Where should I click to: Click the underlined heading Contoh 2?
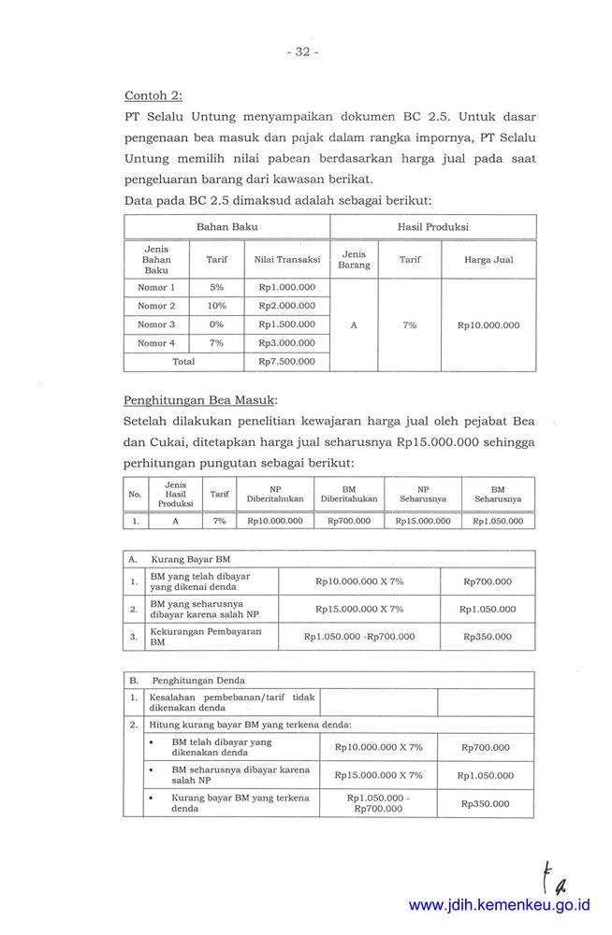[x=153, y=94]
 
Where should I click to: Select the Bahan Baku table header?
[x=226, y=226]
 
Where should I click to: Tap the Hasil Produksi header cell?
[x=432, y=226]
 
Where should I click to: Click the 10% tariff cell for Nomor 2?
[x=216, y=306]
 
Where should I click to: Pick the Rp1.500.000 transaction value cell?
[x=286, y=324]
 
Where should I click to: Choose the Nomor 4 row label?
[x=156, y=343]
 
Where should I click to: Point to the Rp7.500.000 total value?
[x=286, y=361]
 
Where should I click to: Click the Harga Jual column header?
[x=488, y=260]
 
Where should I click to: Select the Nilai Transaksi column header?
[x=286, y=260]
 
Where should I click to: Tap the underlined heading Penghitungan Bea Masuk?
[x=200, y=400]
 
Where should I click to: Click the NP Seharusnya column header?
[x=422, y=494]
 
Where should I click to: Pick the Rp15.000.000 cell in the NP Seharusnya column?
[x=422, y=521]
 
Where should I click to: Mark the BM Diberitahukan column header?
[x=348, y=494]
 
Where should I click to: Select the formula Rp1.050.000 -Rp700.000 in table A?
[x=358, y=637]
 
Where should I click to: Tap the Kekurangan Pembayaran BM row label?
[x=206, y=637]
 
